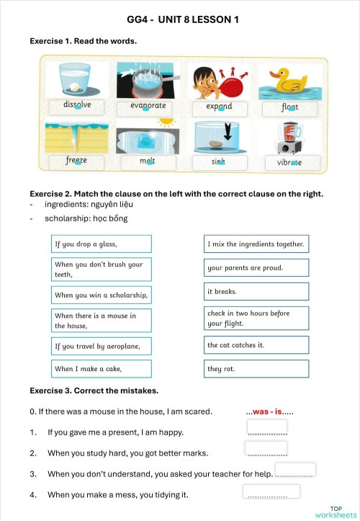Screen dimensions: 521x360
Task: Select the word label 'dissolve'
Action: (77, 106)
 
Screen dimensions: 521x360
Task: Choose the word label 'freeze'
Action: (76, 161)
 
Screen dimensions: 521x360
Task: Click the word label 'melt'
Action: (148, 161)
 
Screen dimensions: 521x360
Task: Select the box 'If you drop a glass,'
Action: (101, 244)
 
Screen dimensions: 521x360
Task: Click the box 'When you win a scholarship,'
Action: (101, 295)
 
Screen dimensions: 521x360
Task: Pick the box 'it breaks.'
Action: (256, 292)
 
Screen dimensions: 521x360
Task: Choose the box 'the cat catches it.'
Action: (256, 345)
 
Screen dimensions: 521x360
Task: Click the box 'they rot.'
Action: (256, 369)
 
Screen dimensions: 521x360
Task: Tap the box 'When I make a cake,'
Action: (101, 369)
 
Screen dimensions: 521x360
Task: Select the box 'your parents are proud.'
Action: (256, 268)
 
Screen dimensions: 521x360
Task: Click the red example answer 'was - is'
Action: (269, 412)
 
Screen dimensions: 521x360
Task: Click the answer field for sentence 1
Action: (266, 427)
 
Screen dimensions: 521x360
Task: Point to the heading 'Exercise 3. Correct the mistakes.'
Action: (94, 391)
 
